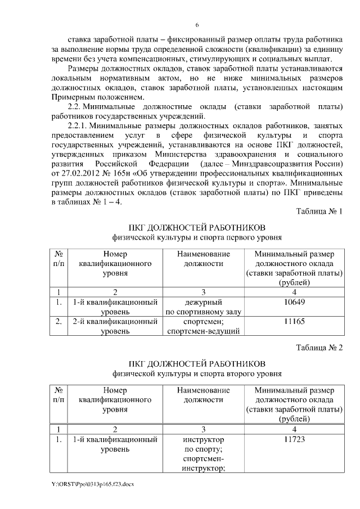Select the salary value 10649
294,303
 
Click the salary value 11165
294,322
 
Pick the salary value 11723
294,439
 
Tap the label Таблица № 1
318,211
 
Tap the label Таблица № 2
318,348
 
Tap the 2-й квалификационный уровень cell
114,327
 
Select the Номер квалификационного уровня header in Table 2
114,400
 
